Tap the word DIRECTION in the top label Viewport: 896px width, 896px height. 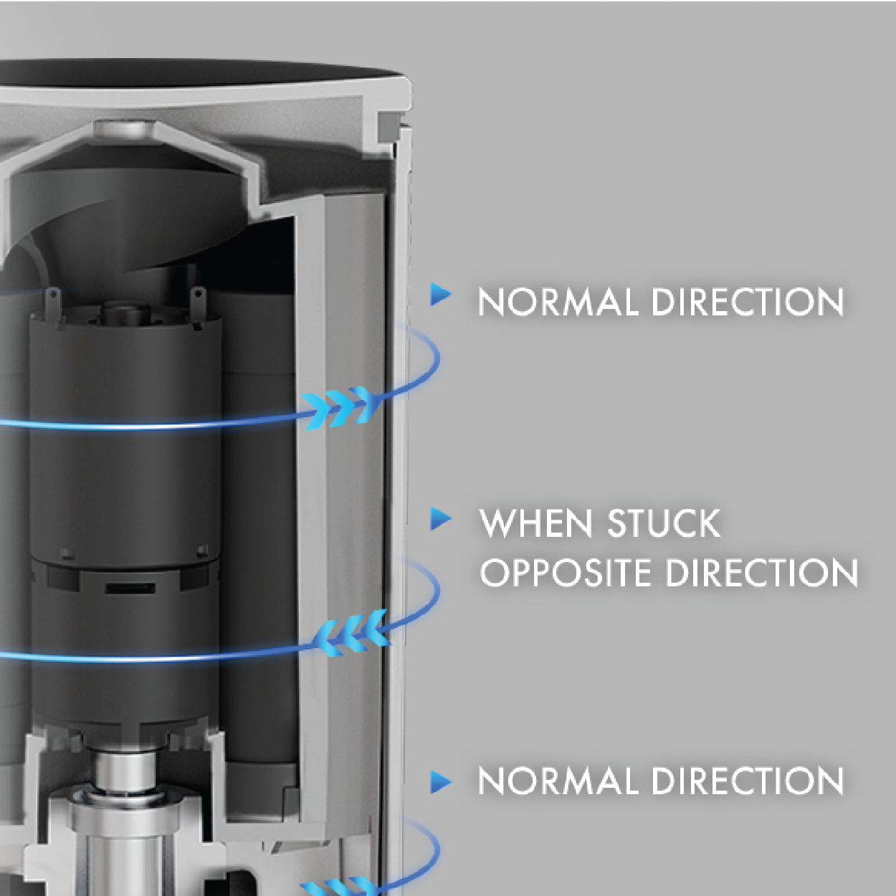click(748, 302)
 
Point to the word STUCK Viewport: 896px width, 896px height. click(664, 523)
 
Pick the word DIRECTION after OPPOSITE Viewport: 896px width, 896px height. click(761, 572)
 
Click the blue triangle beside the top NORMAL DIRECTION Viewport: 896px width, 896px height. click(440, 294)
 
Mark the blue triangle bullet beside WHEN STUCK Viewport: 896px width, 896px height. click(440, 519)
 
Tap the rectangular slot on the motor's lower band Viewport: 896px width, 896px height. click(130, 588)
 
